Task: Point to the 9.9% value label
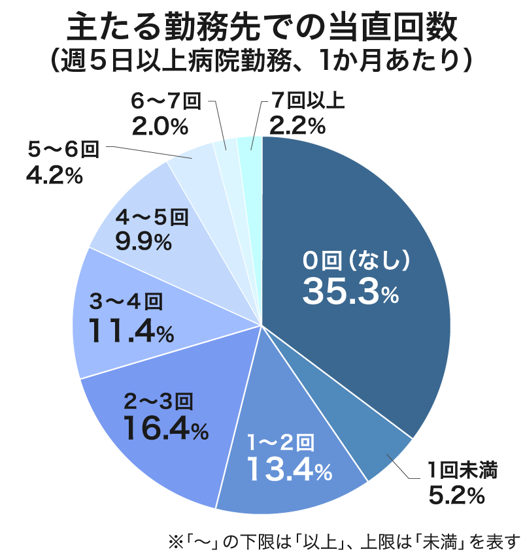pyautogui.click(x=143, y=242)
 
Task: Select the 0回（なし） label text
pyautogui.click(x=356, y=260)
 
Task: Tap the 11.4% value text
pyautogui.click(x=131, y=331)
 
